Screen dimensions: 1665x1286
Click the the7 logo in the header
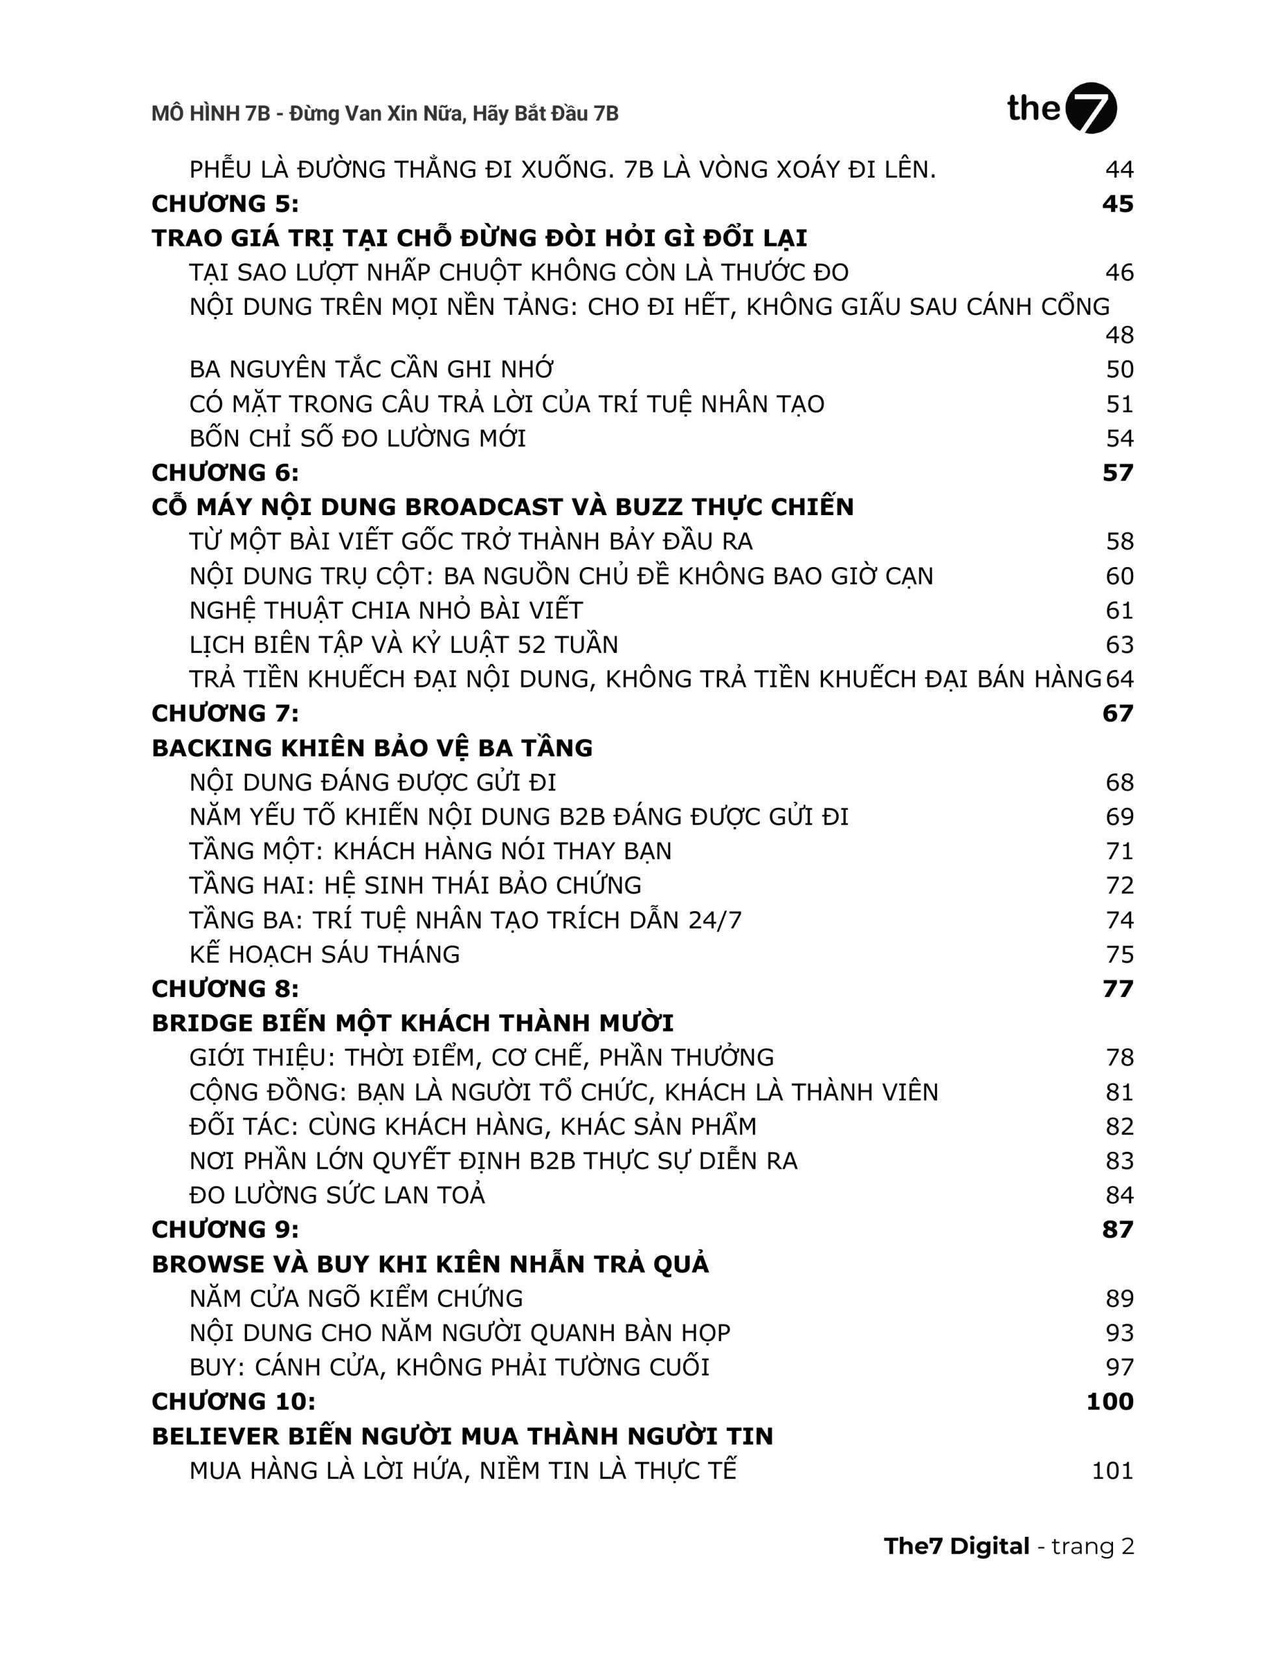1061,108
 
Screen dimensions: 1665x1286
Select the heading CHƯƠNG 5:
225,204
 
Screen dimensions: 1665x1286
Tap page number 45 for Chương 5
1117,204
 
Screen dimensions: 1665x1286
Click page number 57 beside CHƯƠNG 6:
1117,473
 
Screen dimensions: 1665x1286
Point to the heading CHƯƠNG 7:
225,713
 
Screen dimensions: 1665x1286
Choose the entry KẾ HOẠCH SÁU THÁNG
324,955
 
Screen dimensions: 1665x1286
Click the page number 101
1112,1471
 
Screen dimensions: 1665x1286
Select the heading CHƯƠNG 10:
233,1401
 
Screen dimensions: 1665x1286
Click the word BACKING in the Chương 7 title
212,748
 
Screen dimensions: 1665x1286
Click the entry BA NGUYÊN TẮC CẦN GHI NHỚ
371,369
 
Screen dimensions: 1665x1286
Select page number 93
1119,1333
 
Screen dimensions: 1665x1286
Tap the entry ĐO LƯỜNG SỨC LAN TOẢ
337,1195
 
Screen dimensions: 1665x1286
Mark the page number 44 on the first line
1119,169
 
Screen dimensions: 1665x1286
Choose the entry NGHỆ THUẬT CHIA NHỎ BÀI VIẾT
386,611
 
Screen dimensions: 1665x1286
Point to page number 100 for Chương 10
1109,1401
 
